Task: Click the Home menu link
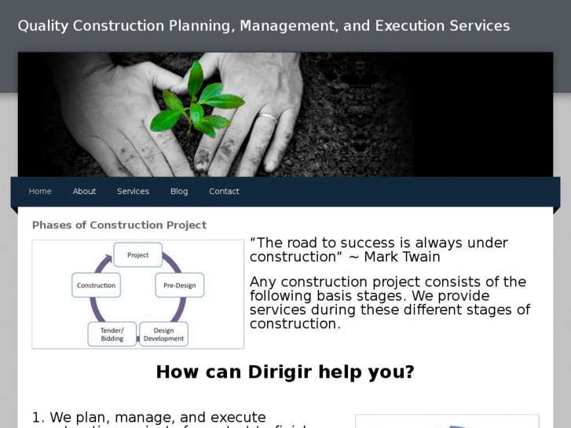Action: pos(40,192)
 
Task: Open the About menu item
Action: pos(84,192)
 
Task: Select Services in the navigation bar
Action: pos(133,192)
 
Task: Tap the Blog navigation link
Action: pos(179,192)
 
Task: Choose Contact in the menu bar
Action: pos(224,192)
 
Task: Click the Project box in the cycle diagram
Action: pos(138,255)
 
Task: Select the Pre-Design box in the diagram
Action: pos(180,285)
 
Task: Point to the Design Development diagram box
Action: pos(163,335)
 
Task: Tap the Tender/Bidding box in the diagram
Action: pos(112,335)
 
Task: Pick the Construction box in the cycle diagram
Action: pos(97,285)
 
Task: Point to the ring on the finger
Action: pos(268,118)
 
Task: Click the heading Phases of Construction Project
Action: pos(119,225)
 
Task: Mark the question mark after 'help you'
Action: pos(409,371)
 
